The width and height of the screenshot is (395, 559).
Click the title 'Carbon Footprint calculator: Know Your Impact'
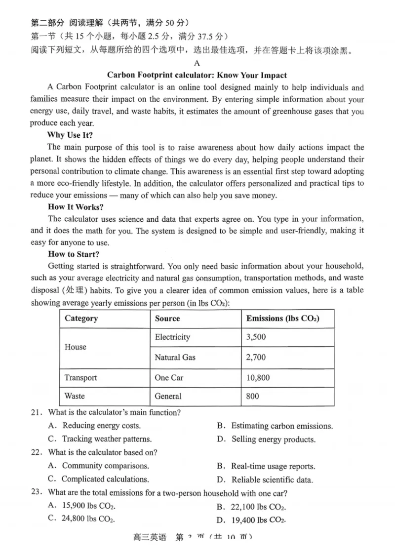[x=197, y=75]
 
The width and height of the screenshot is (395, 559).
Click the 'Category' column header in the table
[x=81, y=319]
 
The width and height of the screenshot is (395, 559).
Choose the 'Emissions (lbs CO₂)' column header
[x=283, y=319]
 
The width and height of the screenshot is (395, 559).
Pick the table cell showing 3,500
[x=256, y=337]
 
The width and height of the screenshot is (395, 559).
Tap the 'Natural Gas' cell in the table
[x=175, y=357]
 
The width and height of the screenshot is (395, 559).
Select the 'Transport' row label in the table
[x=80, y=378]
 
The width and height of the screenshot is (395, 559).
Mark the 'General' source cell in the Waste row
[x=168, y=396]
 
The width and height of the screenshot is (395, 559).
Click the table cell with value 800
[x=252, y=396]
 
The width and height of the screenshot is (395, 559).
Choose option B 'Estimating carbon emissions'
[x=281, y=426]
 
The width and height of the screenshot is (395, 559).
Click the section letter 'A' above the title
[x=197, y=63]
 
